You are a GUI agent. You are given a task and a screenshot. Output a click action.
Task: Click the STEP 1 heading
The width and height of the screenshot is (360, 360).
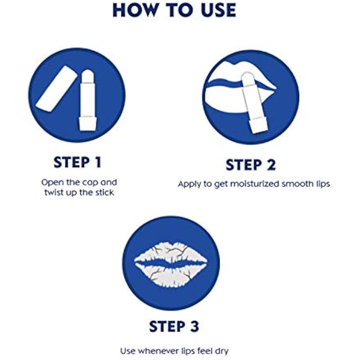click(x=77, y=161)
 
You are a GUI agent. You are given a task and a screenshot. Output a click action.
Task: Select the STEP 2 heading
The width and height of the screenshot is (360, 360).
click(x=250, y=165)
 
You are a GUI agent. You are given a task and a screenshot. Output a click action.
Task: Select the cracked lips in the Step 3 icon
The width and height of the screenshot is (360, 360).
click(x=170, y=262)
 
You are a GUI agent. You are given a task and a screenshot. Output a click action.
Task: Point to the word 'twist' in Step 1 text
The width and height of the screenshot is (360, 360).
click(x=55, y=192)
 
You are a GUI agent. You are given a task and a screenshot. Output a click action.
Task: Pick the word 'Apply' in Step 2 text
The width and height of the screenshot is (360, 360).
click(x=188, y=184)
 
